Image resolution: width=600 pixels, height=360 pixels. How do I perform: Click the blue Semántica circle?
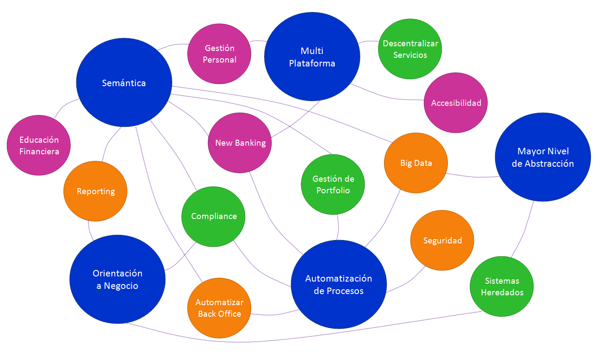coord(124,83)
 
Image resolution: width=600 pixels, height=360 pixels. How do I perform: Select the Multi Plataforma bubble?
coord(312,57)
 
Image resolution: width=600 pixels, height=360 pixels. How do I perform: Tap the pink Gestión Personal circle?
coord(219,54)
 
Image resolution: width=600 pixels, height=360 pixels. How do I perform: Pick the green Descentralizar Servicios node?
coord(410,49)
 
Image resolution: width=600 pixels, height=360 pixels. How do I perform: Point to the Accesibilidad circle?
coord(456,103)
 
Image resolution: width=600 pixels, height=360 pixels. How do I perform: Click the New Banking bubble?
coord(240,143)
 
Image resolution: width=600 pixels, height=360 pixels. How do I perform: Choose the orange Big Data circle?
coord(416,163)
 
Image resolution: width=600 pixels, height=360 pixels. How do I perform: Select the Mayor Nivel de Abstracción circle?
coord(543,157)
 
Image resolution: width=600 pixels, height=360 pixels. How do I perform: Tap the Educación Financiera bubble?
coord(39,145)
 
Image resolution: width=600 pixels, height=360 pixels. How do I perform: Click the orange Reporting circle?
coord(96,191)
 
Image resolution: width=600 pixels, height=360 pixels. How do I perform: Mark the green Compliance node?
coord(213,216)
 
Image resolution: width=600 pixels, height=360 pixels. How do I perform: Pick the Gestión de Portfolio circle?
coord(333,185)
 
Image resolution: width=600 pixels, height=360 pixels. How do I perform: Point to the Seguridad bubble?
coord(442,240)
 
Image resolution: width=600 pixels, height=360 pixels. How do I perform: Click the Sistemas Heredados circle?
coord(502,287)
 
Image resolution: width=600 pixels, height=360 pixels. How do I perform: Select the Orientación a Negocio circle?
coord(117,279)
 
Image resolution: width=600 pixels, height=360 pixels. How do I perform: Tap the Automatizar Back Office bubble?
coord(219,308)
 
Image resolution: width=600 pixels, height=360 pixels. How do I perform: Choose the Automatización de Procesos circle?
coord(339,285)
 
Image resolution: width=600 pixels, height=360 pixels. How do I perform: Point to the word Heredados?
coord(502,293)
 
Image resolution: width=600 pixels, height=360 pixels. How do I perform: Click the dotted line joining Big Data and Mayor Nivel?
coord(471,177)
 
